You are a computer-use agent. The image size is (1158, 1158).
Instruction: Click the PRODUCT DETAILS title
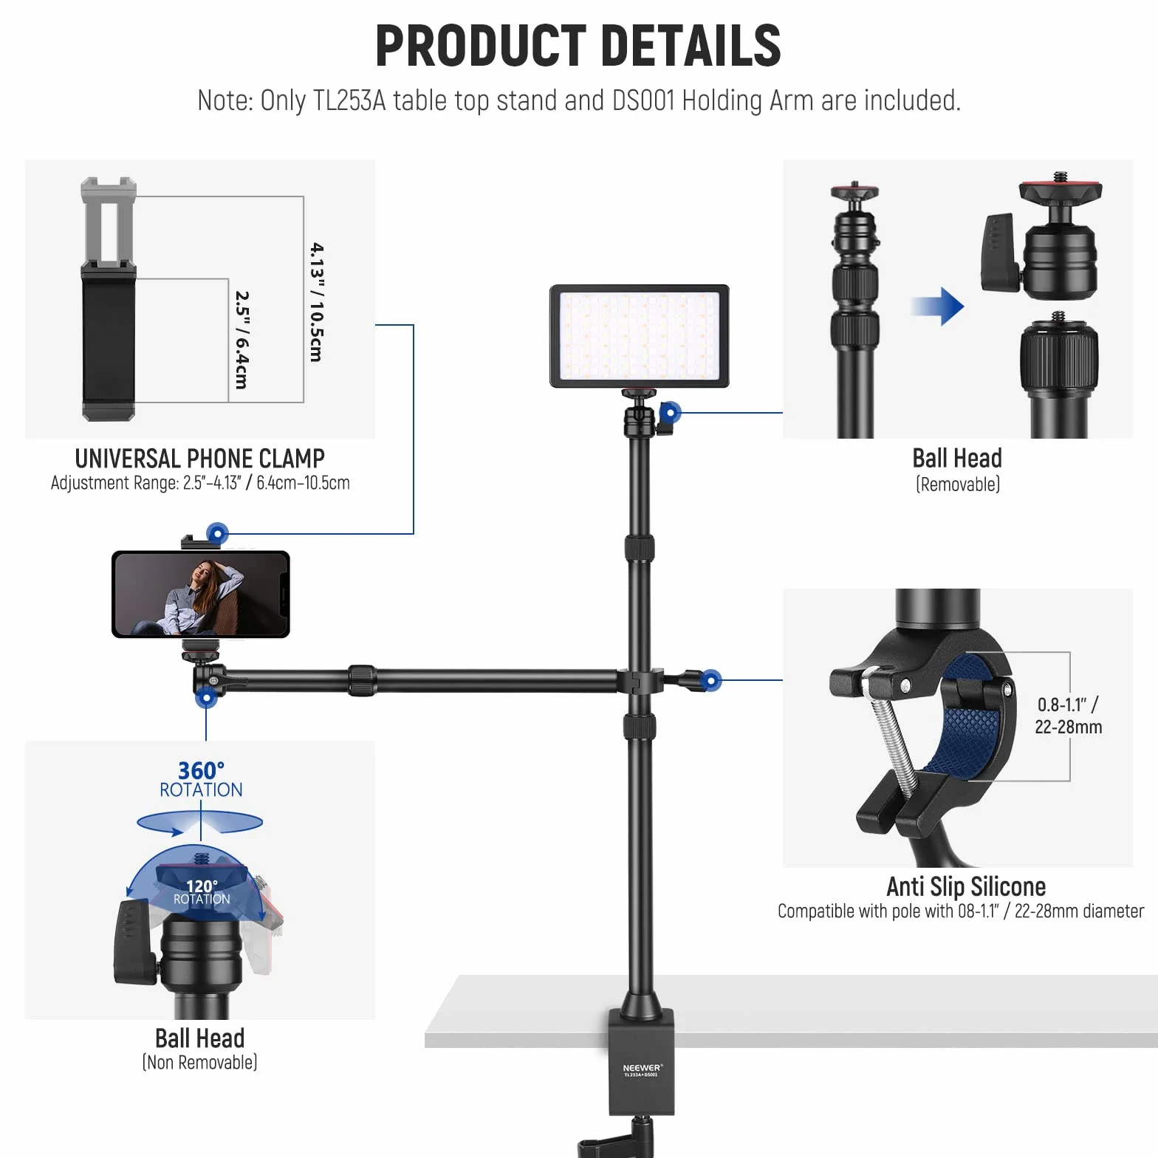click(578, 46)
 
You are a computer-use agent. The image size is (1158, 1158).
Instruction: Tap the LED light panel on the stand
click(640, 336)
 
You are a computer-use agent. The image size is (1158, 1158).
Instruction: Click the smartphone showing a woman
click(201, 595)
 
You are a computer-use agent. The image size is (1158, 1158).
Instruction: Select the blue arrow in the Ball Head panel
click(937, 306)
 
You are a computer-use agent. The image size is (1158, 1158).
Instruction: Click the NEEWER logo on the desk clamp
click(643, 1068)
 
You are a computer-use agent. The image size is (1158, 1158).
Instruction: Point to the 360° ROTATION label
click(201, 780)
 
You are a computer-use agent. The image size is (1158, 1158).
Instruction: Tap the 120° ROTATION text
click(202, 892)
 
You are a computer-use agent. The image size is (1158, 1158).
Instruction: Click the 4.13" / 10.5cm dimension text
click(316, 302)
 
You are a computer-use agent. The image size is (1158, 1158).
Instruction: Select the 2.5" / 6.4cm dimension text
click(241, 340)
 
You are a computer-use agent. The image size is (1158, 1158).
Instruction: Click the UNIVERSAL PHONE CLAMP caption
click(200, 459)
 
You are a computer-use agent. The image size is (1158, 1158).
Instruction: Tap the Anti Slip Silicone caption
click(966, 886)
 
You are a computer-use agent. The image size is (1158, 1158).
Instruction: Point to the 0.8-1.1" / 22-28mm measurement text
click(1068, 716)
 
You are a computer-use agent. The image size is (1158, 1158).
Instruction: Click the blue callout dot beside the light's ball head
click(670, 412)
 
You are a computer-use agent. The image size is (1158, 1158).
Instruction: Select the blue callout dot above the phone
click(217, 533)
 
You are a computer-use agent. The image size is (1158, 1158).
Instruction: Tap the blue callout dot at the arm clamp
click(710, 680)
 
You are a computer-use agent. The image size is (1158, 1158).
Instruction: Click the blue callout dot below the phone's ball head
click(206, 697)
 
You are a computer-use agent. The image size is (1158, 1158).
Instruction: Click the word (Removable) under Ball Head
click(958, 484)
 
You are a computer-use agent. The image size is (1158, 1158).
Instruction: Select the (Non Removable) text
click(199, 1063)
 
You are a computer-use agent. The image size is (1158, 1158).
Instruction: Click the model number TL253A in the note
click(349, 100)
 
